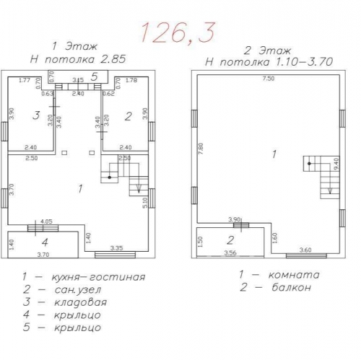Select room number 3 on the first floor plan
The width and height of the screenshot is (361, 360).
pos(34,115)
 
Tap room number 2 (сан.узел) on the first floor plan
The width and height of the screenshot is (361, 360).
pos(126,115)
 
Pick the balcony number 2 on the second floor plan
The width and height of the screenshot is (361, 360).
pos(230,240)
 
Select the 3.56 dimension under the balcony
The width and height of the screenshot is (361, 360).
pos(230,254)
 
